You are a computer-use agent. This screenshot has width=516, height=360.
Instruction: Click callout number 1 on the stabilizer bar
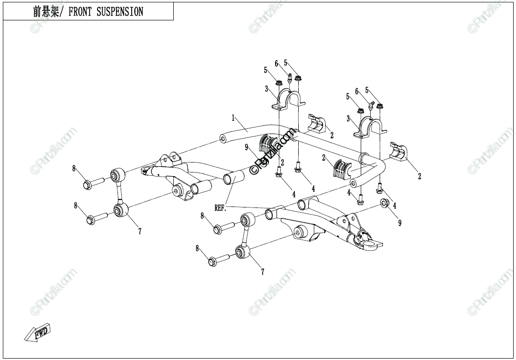click(233, 117)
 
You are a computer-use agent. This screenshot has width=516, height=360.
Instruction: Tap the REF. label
click(221, 207)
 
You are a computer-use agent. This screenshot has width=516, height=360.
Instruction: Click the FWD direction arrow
click(38, 333)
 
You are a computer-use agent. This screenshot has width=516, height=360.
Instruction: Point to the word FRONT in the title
click(81, 12)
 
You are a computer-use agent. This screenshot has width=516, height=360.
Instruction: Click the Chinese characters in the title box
click(45, 12)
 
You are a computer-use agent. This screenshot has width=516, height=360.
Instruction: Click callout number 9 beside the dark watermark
click(247, 148)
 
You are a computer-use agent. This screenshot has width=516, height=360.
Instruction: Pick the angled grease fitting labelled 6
click(372, 103)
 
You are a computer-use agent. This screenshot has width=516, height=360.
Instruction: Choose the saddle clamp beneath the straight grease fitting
click(288, 99)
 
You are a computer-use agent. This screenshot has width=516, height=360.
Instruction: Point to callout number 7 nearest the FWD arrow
click(140, 232)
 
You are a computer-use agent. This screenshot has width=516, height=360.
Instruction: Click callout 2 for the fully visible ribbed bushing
click(324, 158)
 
